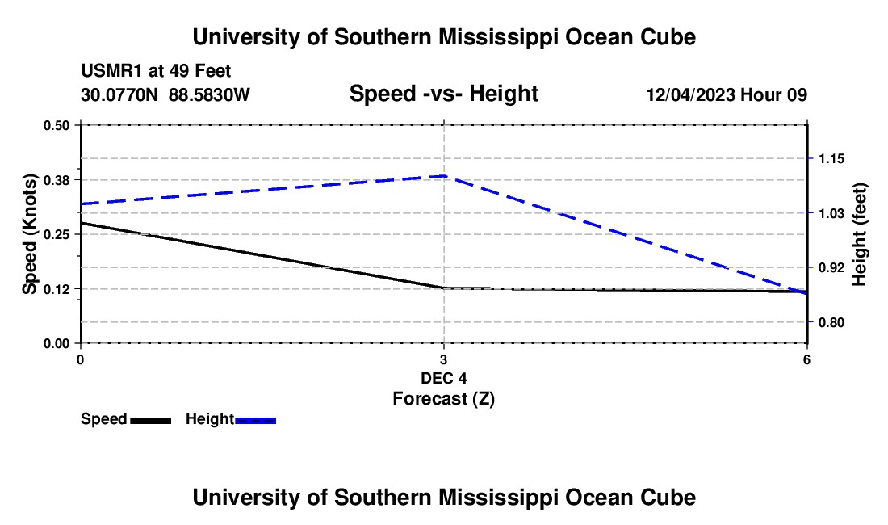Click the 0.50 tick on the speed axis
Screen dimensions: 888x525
56,125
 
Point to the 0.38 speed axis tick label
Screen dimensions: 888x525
56,180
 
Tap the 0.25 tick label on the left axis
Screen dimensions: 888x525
56,234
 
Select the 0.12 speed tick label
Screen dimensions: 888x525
56,289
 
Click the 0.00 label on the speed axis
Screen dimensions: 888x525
56,344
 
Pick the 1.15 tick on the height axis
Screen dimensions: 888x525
831,158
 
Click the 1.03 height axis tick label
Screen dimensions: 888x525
831,213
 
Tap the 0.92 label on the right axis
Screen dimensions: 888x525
831,267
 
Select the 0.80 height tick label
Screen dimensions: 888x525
831,323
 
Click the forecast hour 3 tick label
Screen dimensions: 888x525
443,359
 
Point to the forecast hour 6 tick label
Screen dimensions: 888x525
806,359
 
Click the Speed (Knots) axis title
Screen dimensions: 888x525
29,234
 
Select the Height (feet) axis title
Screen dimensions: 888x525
859,234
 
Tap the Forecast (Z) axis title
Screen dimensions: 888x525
443,399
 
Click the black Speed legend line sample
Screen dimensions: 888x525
151,420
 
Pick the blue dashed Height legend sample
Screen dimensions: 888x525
255,420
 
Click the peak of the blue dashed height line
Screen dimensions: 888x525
445,176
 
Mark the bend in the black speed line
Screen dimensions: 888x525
443,288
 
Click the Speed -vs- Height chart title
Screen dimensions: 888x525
443,94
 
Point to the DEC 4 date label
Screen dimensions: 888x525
443,378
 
